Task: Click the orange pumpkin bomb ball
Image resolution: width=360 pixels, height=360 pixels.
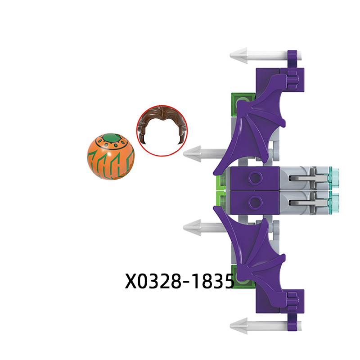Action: click(x=111, y=156)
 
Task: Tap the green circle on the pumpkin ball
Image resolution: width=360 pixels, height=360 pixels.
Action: click(x=112, y=139)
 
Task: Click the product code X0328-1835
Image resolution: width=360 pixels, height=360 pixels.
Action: click(x=179, y=281)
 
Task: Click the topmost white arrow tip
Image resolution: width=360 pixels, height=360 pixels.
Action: click(x=239, y=55)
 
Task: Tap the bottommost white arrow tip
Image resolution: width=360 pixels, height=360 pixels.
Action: click(x=239, y=326)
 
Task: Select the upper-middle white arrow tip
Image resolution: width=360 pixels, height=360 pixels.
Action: click(x=193, y=153)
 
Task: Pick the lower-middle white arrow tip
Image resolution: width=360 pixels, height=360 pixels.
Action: click(x=193, y=227)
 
